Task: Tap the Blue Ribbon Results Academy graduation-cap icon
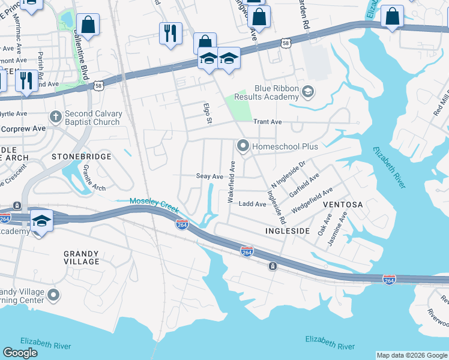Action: [308, 91]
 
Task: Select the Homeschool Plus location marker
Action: [243, 145]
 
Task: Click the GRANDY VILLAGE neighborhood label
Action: [82, 257]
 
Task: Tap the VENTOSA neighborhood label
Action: [343, 205]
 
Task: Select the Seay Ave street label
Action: [210, 176]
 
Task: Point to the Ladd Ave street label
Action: [252, 204]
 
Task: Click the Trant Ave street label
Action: [267, 121]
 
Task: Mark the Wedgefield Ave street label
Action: [312, 200]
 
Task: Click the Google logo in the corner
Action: [20, 353]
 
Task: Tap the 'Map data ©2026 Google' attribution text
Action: [411, 355]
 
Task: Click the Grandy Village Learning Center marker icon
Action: [53, 295]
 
